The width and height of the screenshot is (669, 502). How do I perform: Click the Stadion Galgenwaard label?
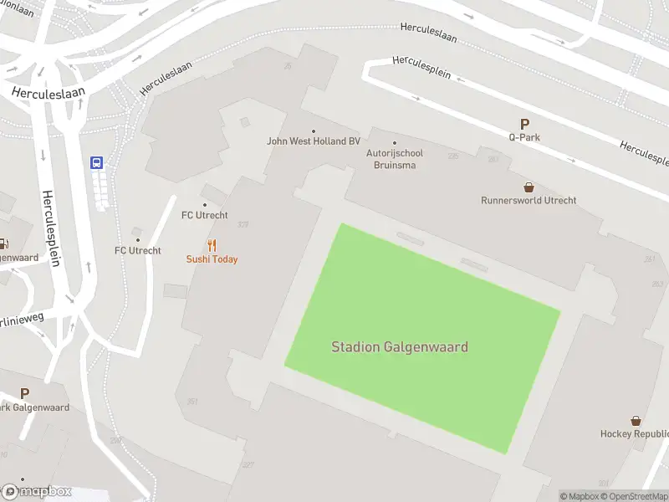(x=400, y=347)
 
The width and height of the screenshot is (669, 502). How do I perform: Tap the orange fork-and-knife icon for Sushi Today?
(x=212, y=246)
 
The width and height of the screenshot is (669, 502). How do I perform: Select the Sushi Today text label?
(x=212, y=259)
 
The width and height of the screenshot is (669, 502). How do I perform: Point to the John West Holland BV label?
(x=313, y=141)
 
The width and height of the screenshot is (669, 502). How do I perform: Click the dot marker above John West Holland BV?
(x=314, y=131)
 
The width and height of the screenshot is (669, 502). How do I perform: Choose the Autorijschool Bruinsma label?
(x=395, y=159)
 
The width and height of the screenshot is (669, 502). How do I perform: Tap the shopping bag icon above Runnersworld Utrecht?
(x=529, y=187)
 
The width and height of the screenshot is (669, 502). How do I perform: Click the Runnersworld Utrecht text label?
(x=529, y=201)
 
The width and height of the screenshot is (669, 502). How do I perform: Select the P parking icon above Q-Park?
(x=524, y=123)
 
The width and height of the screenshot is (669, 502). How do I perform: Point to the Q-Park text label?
(x=524, y=136)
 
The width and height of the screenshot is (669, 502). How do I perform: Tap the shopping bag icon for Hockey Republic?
(x=636, y=421)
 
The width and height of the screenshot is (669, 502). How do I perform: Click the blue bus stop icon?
(x=97, y=163)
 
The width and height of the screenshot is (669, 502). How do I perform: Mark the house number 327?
(x=248, y=464)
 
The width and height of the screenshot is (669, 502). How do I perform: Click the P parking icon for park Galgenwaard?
(x=24, y=393)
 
